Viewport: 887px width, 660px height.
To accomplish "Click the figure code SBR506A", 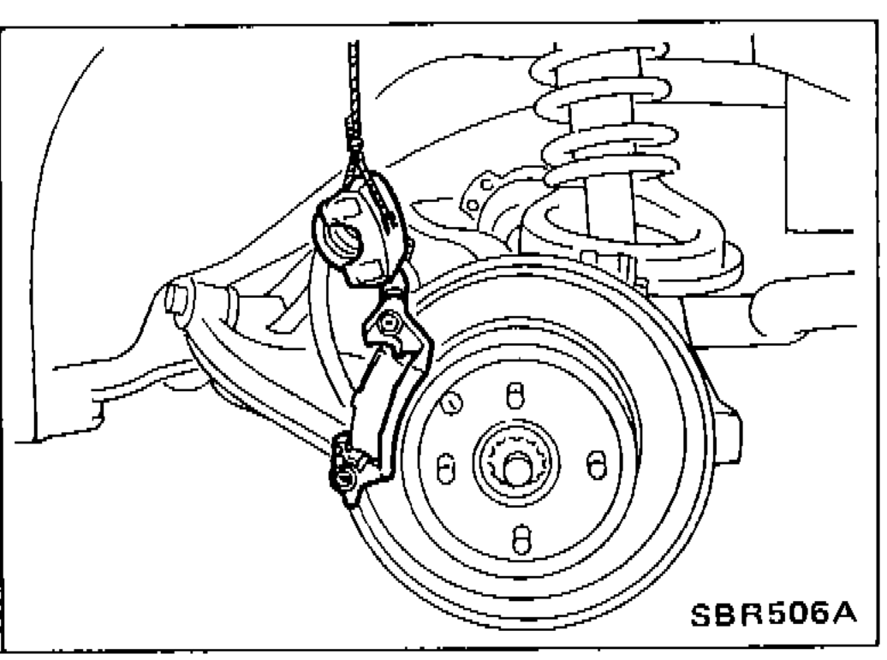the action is coord(774,614).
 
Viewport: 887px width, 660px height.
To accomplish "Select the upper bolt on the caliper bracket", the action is coord(390,324).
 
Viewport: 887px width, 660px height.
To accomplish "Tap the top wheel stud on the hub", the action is coord(515,394).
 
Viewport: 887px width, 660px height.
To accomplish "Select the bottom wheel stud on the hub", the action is coord(521,539).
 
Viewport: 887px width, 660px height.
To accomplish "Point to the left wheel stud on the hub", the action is coord(446,467).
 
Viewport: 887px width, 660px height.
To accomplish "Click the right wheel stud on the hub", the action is coord(596,465).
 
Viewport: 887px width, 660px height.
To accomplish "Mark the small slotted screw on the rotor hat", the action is coord(451,403).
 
